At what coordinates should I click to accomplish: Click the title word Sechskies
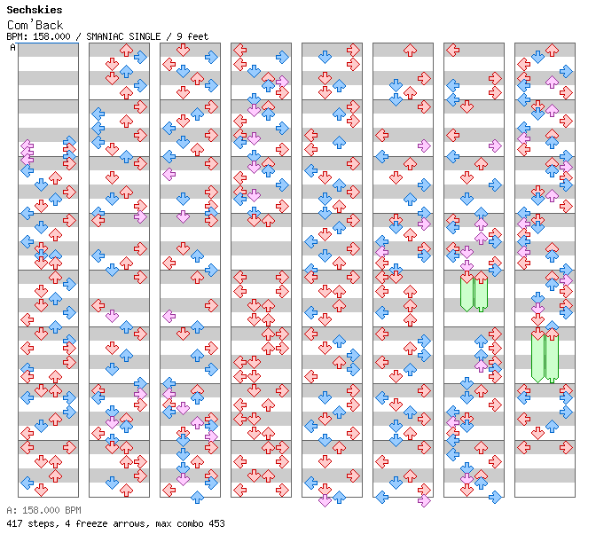pyautogui.click(x=35, y=10)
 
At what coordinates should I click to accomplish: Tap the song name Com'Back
pyautogui.click(x=35, y=25)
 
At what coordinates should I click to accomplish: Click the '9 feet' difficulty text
pyautogui.click(x=192, y=36)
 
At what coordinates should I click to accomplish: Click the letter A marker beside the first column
pyautogui.click(x=13, y=48)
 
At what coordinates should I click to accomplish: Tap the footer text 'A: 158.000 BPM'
pyautogui.click(x=43, y=510)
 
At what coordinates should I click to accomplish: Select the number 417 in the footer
pyautogui.click(x=14, y=523)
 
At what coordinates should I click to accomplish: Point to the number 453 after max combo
pyautogui.click(x=216, y=523)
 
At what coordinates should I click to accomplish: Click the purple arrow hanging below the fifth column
pyautogui.click(x=325, y=500)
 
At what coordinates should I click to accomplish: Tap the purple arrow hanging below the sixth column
pyautogui.click(x=424, y=500)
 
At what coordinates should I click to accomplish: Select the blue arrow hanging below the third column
pyautogui.click(x=197, y=497)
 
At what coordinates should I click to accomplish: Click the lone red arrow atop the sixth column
pyautogui.click(x=410, y=51)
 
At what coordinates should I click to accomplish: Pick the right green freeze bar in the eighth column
pyautogui.click(x=552, y=358)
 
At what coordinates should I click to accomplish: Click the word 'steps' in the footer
pyautogui.click(x=43, y=523)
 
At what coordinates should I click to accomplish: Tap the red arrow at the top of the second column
pyautogui.click(x=126, y=51)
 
